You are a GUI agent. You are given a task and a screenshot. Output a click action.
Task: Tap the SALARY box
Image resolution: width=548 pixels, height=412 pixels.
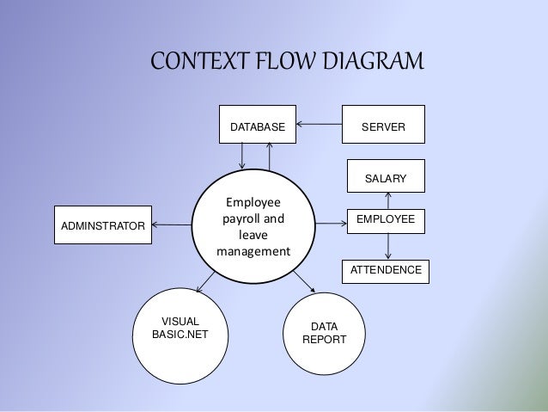386,176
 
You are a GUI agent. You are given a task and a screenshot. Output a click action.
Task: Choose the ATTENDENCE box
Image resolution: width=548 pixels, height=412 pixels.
386,271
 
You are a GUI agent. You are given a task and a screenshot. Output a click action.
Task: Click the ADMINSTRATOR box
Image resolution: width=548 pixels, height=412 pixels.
102,225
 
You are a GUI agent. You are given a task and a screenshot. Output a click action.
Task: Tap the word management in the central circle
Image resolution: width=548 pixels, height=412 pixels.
253,252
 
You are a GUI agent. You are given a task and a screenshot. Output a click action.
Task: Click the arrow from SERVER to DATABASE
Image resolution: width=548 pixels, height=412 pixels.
320,124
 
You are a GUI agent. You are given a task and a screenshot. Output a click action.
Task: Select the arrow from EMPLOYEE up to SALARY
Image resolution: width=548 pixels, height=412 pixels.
388,200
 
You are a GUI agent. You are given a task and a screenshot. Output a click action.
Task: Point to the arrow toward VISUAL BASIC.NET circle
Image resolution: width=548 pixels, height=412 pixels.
205,280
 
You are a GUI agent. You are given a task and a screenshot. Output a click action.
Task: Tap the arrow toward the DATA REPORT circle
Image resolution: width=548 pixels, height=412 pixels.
302,282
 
